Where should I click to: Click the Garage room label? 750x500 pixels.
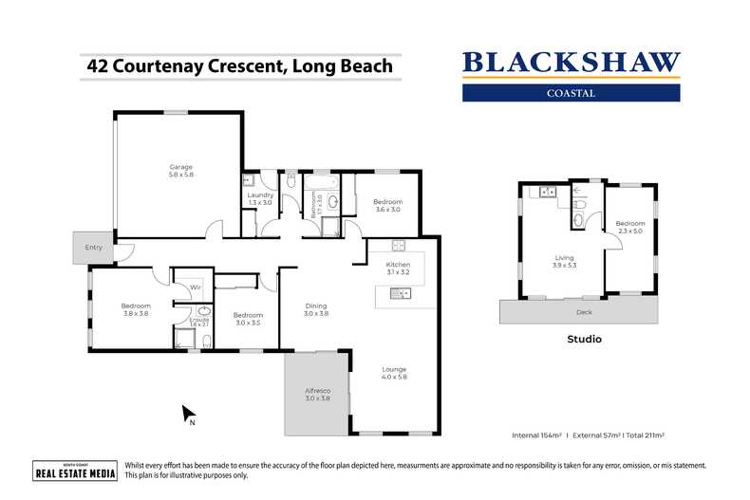[180, 171]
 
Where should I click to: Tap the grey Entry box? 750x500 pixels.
[93, 248]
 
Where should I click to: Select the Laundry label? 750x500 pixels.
[260, 198]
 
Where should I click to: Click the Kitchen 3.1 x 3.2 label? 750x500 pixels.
[397, 268]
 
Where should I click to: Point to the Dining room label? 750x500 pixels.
[316, 308]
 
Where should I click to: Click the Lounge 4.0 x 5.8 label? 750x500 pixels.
[394, 373]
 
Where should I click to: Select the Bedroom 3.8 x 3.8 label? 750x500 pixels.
[136, 308]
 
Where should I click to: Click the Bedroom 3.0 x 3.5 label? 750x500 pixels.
[248, 318]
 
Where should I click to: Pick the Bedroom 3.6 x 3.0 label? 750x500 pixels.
[387, 205]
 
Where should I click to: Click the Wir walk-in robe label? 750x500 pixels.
[195, 287]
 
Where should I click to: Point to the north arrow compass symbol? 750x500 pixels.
[189, 414]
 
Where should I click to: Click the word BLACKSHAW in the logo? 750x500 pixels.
[571, 64]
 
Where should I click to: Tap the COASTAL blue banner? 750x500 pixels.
[571, 93]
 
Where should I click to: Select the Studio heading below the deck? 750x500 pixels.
[584, 339]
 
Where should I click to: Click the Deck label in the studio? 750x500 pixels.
[584, 310]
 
